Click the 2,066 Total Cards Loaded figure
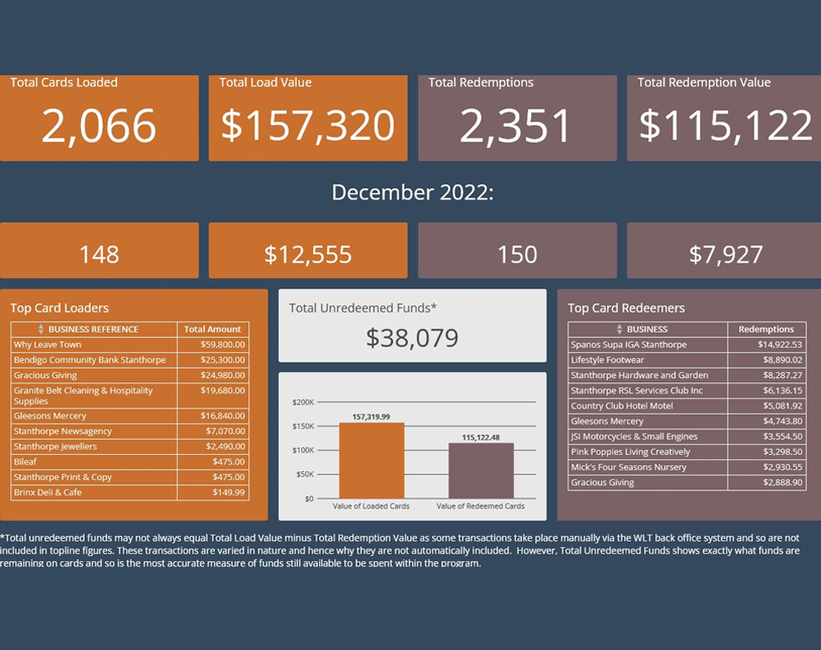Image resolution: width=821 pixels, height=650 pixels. (x=99, y=126)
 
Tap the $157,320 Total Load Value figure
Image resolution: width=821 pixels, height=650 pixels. (x=308, y=126)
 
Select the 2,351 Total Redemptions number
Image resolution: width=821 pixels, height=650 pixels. (x=516, y=126)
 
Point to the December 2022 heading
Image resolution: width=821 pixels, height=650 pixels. (x=412, y=192)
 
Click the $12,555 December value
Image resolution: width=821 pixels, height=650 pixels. (x=308, y=254)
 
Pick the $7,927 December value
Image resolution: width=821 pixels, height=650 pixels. (x=726, y=254)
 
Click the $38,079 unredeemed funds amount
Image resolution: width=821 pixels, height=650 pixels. (x=412, y=338)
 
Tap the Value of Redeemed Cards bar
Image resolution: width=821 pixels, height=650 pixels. (x=481, y=470)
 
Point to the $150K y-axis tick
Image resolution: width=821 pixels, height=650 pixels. (x=304, y=427)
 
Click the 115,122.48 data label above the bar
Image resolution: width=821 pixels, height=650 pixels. (x=481, y=437)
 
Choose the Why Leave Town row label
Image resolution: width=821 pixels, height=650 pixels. (x=48, y=345)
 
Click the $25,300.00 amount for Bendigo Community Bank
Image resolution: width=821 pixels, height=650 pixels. (x=224, y=360)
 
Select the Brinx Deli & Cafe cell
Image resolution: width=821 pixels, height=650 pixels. (x=48, y=493)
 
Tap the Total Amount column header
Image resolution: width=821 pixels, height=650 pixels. (x=212, y=329)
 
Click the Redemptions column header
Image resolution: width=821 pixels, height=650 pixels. (x=766, y=329)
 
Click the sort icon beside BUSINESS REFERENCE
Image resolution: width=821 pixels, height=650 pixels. (x=40, y=329)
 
